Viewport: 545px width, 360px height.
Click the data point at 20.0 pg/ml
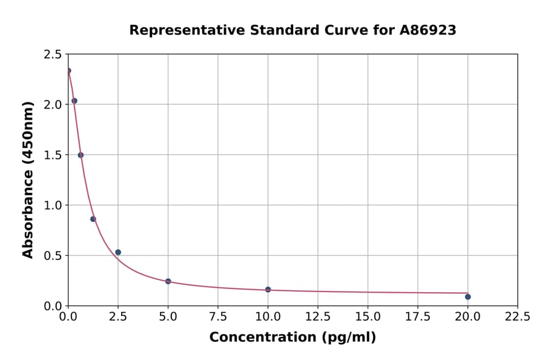pos(467,296)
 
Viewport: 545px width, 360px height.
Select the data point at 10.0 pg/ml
pos(268,290)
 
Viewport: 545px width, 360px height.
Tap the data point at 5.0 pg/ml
pos(168,281)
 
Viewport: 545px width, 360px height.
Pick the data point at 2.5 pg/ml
pos(118,252)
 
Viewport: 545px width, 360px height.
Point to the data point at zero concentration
pos(68,70)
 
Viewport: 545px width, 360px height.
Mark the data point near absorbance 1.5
pos(81,155)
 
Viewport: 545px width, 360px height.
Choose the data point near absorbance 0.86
pos(93,219)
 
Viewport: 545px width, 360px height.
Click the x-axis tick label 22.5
pos(517,317)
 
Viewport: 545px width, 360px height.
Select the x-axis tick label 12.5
pos(317,317)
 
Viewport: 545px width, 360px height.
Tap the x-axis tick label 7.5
pos(218,317)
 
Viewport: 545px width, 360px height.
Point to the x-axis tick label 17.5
pos(417,317)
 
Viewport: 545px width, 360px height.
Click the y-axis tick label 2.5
pos(52,55)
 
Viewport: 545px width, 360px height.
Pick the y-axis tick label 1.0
pos(52,205)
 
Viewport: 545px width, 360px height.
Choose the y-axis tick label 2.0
pos(52,105)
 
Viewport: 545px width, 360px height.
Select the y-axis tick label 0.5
pos(52,256)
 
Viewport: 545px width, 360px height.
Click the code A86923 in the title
pos(428,30)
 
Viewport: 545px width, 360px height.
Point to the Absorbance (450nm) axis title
pos(28,180)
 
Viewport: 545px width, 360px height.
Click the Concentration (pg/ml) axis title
pos(292,338)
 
